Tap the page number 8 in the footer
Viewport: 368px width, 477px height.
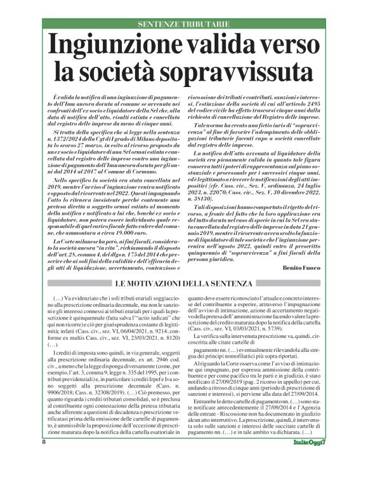pos(44,460)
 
